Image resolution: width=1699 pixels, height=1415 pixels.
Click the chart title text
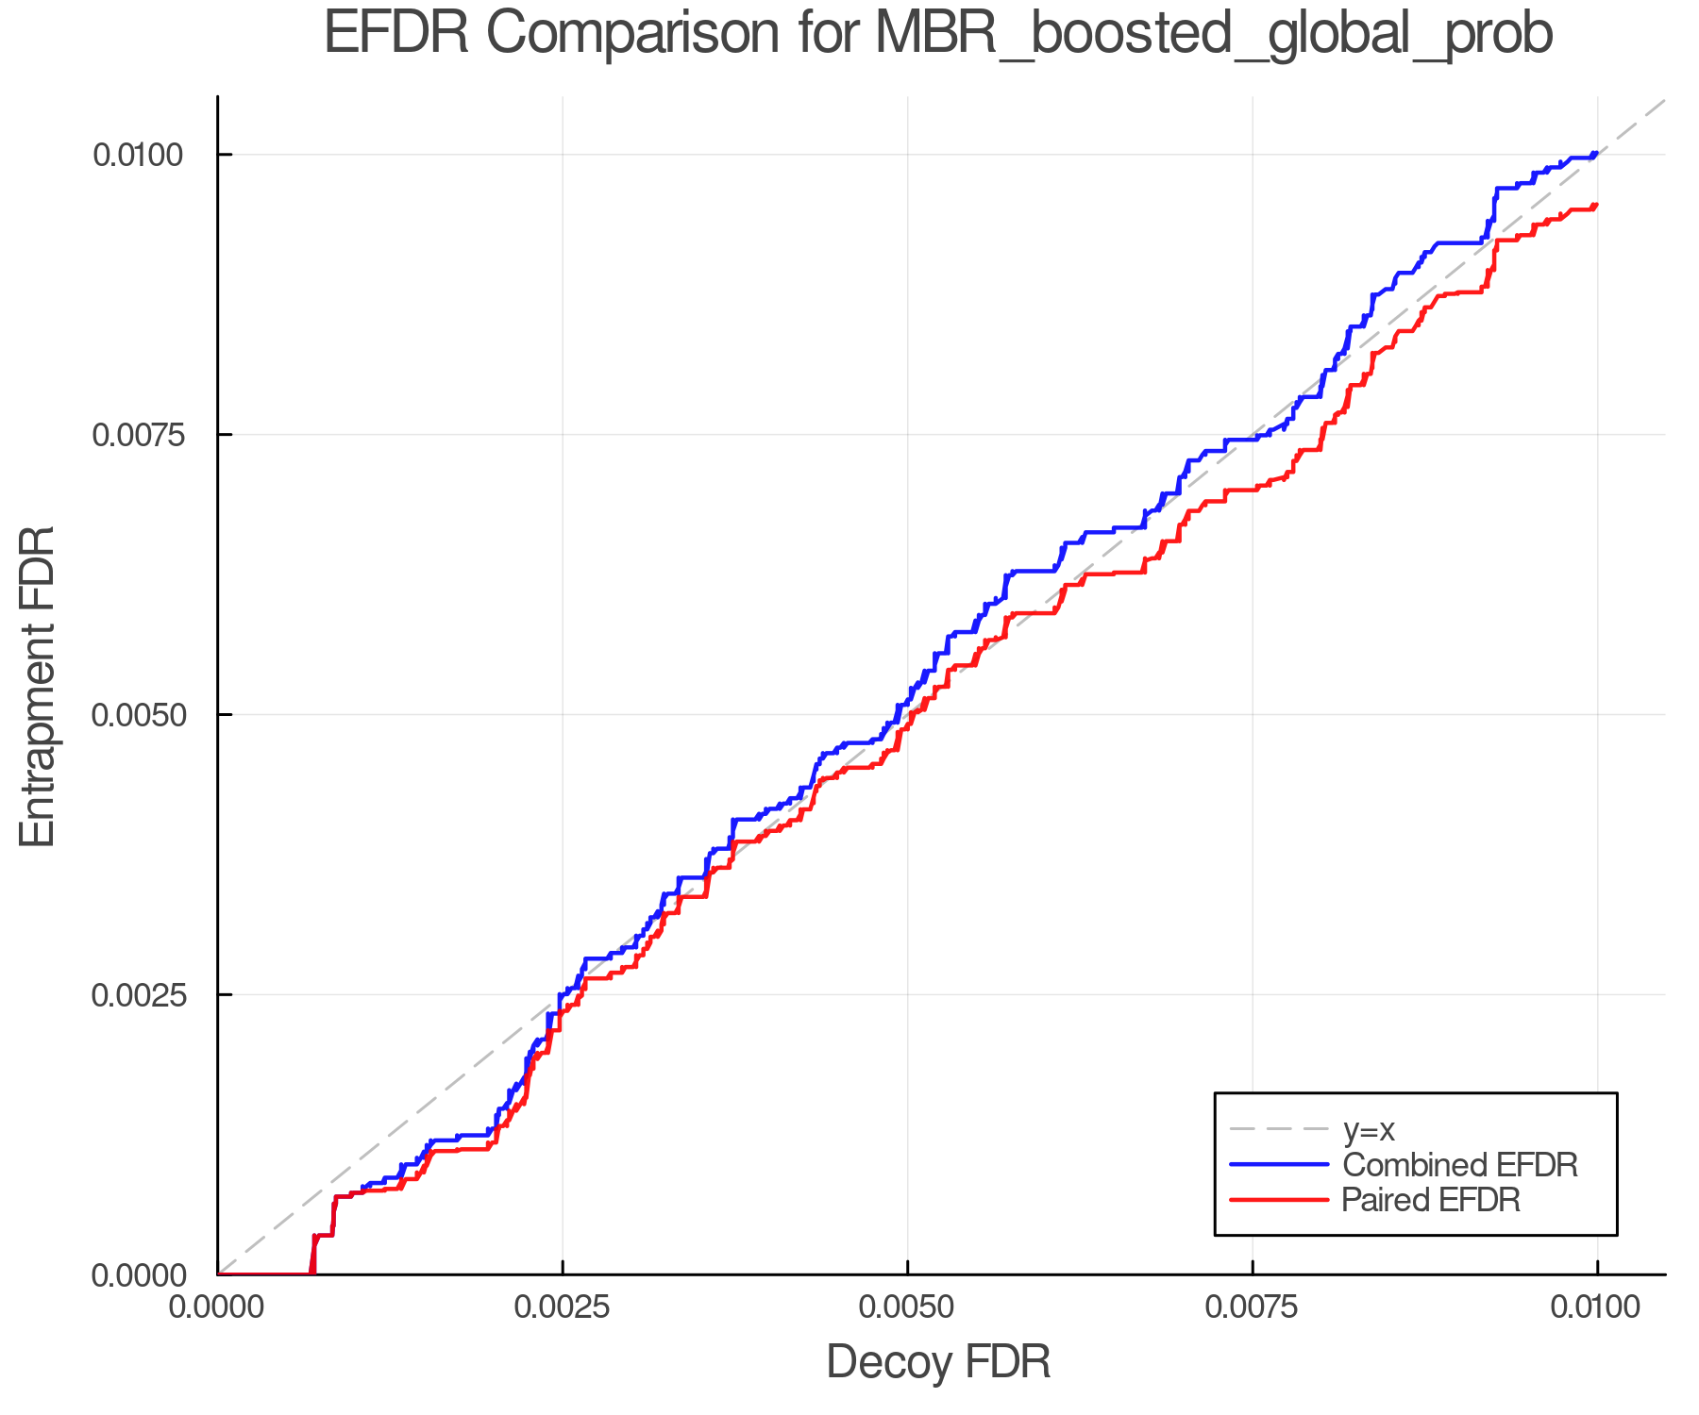click(x=938, y=34)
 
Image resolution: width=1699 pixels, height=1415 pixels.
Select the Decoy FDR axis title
click(x=938, y=1362)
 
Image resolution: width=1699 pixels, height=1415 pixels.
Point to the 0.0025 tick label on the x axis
click(x=563, y=1307)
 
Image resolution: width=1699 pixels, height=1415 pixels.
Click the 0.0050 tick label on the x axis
click(x=907, y=1307)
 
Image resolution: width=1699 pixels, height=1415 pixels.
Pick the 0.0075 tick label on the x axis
click(x=1253, y=1307)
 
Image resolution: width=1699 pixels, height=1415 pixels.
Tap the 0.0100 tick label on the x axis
click(x=1597, y=1307)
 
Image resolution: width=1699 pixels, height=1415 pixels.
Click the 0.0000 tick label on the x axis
click(x=218, y=1307)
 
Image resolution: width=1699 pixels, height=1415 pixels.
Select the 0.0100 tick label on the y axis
click(x=138, y=155)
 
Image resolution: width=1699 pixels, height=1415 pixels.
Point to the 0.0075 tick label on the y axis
click(x=138, y=435)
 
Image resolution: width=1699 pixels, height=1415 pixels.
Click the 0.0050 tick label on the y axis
click(x=138, y=714)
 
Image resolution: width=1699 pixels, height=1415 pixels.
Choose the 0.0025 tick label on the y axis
click(x=138, y=994)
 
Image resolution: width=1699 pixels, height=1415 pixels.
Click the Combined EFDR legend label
click(x=1459, y=1165)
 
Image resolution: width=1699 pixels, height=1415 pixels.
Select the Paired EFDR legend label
click(x=1431, y=1200)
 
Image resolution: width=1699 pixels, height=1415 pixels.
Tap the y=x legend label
click(x=1369, y=1129)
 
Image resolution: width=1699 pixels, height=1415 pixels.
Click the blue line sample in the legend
click(x=1279, y=1165)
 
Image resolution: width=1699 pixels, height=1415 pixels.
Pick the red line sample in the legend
click(x=1279, y=1200)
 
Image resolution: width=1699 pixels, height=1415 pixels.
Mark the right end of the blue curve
click(x=1596, y=153)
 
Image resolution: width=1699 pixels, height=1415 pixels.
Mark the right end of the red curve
click(x=1596, y=205)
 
